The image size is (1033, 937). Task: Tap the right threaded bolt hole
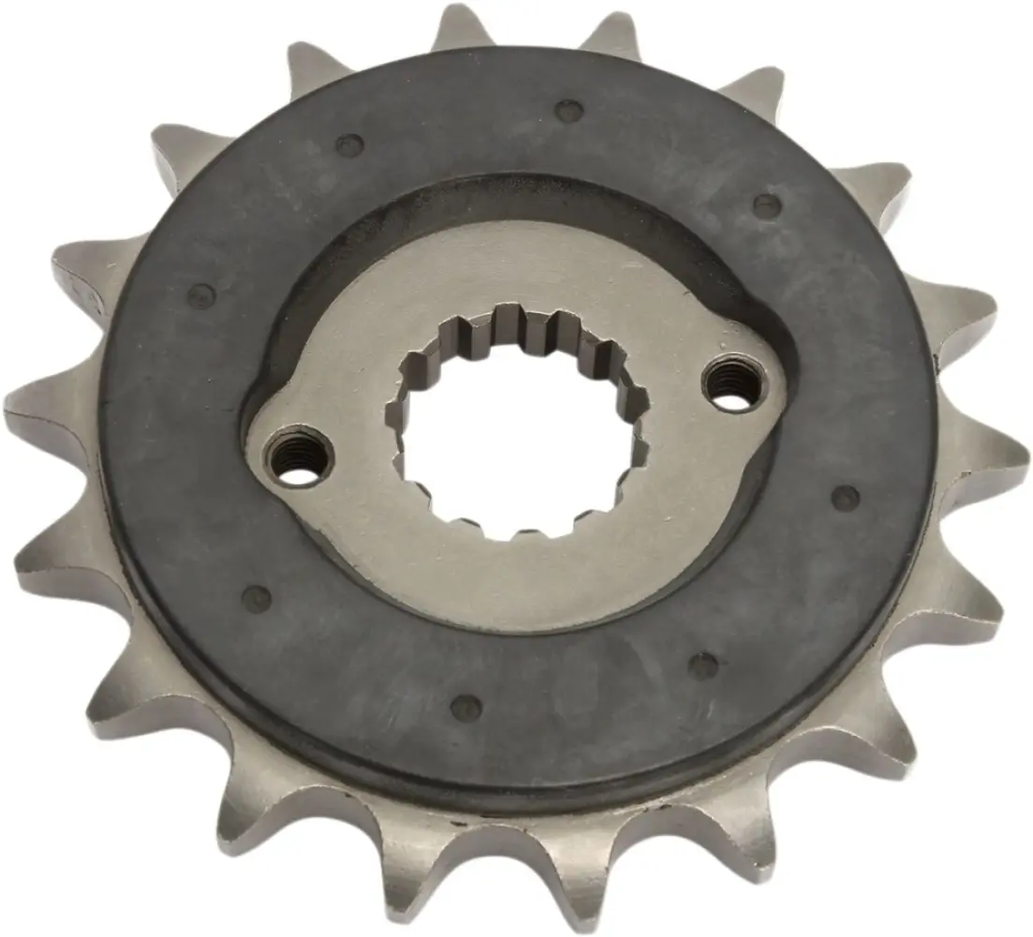(736, 384)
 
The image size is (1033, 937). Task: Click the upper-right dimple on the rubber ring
(766, 203)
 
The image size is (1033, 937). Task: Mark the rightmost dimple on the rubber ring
(846, 498)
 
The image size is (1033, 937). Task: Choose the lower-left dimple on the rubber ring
(256, 597)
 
